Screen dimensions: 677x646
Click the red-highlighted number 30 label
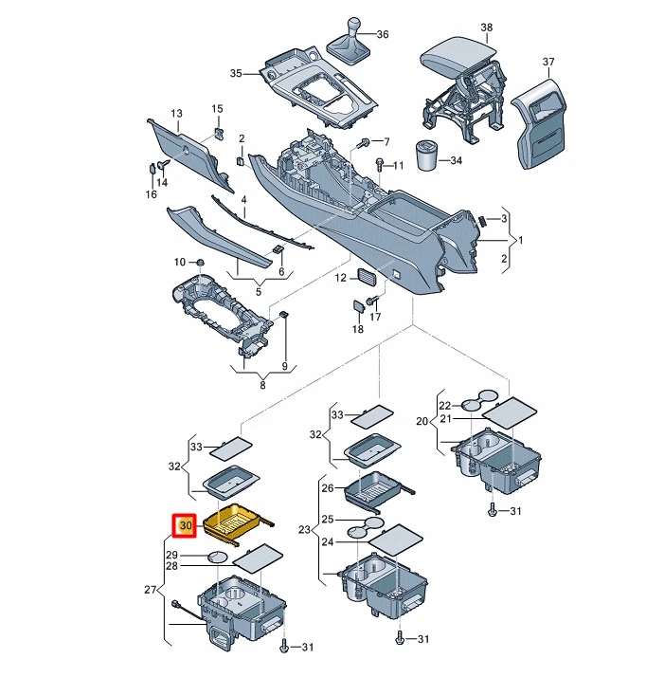(x=184, y=523)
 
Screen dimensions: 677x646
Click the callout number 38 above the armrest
(x=486, y=27)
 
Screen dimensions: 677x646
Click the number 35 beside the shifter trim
(x=237, y=73)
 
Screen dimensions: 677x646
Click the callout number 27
(x=151, y=590)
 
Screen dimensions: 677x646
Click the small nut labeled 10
(x=200, y=262)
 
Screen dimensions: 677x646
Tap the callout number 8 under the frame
(x=262, y=384)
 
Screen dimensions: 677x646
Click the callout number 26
(x=328, y=488)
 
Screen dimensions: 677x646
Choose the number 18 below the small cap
(x=357, y=329)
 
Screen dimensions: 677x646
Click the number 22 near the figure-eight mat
(x=444, y=405)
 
